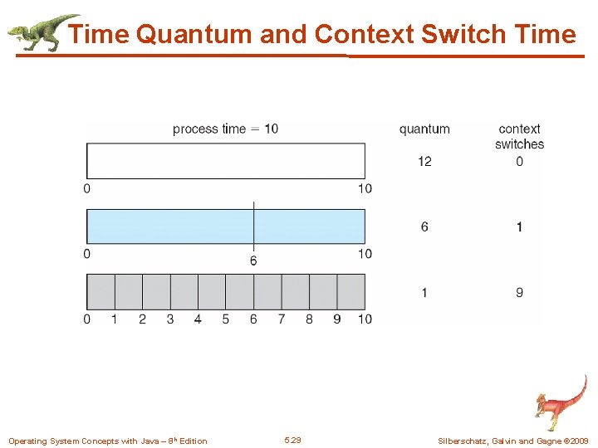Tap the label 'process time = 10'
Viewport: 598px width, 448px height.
pyautogui.click(x=225, y=129)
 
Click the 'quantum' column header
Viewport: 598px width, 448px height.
pyautogui.click(x=424, y=129)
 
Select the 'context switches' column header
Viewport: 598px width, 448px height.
pyautogui.click(x=519, y=136)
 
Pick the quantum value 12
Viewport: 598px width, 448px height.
pyautogui.click(x=424, y=161)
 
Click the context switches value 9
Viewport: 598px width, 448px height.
pyautogui.click(x=519, y=292)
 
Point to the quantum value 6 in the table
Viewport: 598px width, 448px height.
pyautogui.click(x=424, y=226)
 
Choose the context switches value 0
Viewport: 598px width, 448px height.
pyautogui.click(x=519, y=161)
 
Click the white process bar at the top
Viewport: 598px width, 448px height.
pyautogui.click(x=225, y=161)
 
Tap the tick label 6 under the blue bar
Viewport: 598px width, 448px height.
pyautogui.click(x=253, y=261)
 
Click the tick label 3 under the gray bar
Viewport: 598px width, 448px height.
pyautogui.click(x=170, y=319)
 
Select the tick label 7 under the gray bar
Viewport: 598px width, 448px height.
pyautogui.click(x=282, y=319)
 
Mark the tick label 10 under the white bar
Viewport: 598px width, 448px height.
pyautogui.click(x=365, y=188)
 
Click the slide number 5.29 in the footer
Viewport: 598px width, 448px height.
pyautogui.click(x=292, y=440)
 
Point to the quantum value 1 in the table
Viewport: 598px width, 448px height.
pyautogui.click(x=424, y=292)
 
